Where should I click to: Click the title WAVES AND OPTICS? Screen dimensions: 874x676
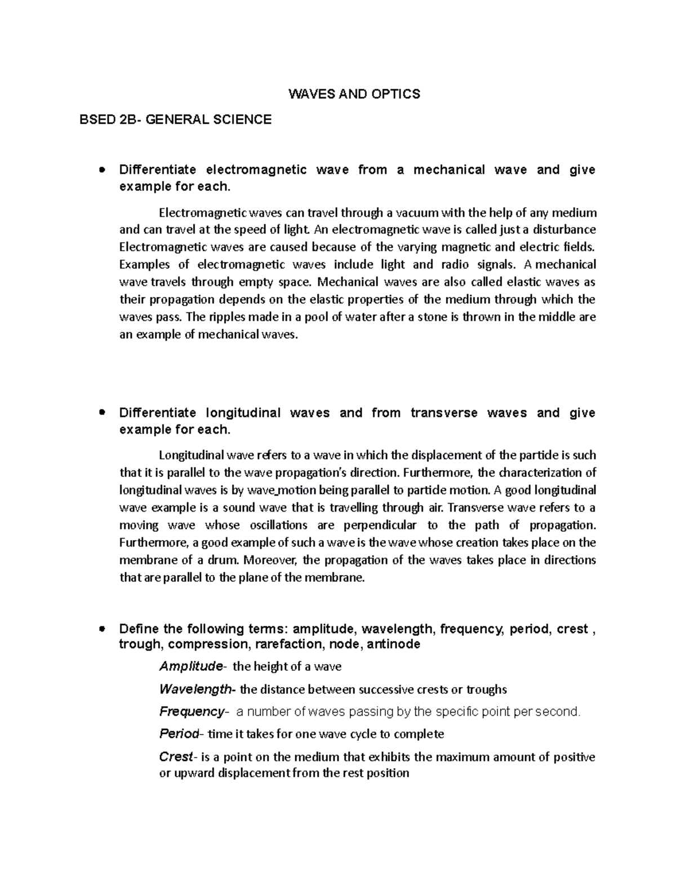pos(354,94)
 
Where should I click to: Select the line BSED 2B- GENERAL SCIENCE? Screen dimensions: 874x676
pos(176,119)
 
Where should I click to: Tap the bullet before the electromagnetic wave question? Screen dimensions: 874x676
pos(102,169)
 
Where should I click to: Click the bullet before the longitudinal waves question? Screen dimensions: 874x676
pos(102,413)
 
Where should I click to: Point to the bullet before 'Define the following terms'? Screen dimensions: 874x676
pos(102,629)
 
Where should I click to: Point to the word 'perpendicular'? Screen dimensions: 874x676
pos(375,525)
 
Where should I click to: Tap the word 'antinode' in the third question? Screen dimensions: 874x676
pos(393,644)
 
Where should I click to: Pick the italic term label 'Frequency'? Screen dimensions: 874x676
pos(192,712)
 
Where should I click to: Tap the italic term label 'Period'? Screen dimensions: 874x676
pos(179,734)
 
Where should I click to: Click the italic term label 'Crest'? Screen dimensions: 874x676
pos(176,757)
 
